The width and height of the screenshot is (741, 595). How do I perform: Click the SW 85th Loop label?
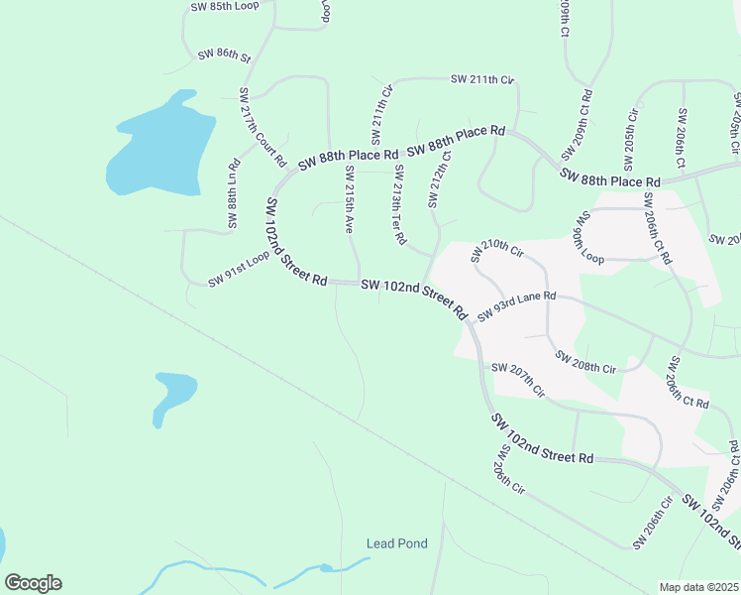(x=224, y=6)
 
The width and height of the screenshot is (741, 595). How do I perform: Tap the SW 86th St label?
(x=225, y=56)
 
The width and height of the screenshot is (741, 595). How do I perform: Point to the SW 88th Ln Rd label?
(x=234, y=193)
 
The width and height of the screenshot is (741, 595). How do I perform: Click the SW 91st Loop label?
(x=239, y=269)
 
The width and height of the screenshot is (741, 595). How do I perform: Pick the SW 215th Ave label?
(x=348, y=199)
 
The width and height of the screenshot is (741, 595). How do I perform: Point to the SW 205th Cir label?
(x=632, y=136)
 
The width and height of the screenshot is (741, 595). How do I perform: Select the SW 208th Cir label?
(x=585, y=361)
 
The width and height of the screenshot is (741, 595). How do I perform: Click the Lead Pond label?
(x=396, y=543)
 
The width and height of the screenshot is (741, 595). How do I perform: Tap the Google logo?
(x=33, y=583)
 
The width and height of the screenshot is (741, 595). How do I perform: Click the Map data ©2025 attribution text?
(x=699, y=587)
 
